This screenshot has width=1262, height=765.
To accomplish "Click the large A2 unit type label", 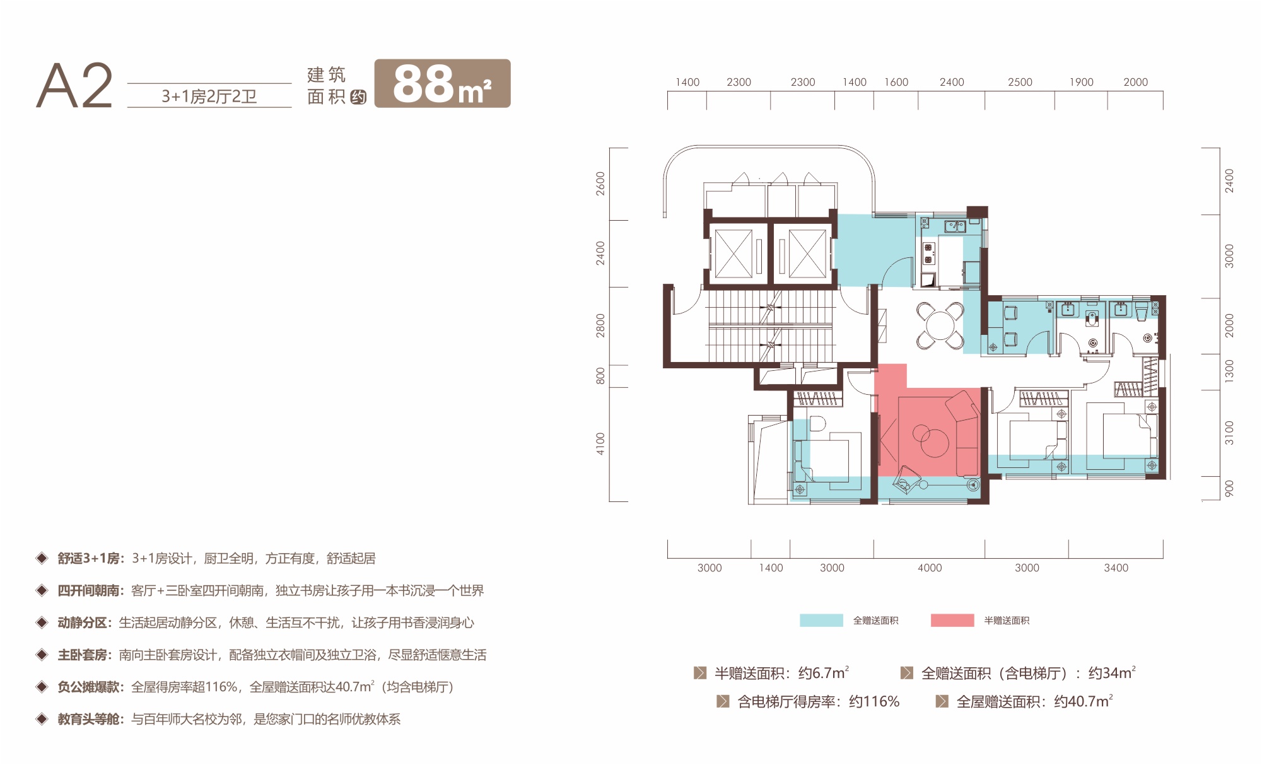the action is point(74,86).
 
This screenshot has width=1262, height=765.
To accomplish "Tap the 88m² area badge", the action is point(442,83).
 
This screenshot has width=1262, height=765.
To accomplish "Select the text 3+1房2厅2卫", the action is point(209,96).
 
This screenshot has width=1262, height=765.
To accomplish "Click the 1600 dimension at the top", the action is point(896,82).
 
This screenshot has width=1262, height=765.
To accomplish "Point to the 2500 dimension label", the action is point(1020,82).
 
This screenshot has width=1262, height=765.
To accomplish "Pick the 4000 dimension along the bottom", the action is point(930,568).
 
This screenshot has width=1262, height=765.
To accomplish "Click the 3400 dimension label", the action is point(1116,568).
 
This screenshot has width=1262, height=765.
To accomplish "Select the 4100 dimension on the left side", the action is point(600,444).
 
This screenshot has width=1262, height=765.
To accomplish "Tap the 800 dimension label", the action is point(600,376).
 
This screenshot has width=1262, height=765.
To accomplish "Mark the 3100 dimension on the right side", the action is point(1229,433).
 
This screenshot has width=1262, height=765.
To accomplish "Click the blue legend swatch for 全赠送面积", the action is point(821,620).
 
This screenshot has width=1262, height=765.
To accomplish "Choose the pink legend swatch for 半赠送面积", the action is point(952,620).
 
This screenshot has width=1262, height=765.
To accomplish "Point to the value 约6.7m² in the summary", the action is point(824,673).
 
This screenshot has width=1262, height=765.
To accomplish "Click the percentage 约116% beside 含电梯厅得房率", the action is point(874,701).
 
